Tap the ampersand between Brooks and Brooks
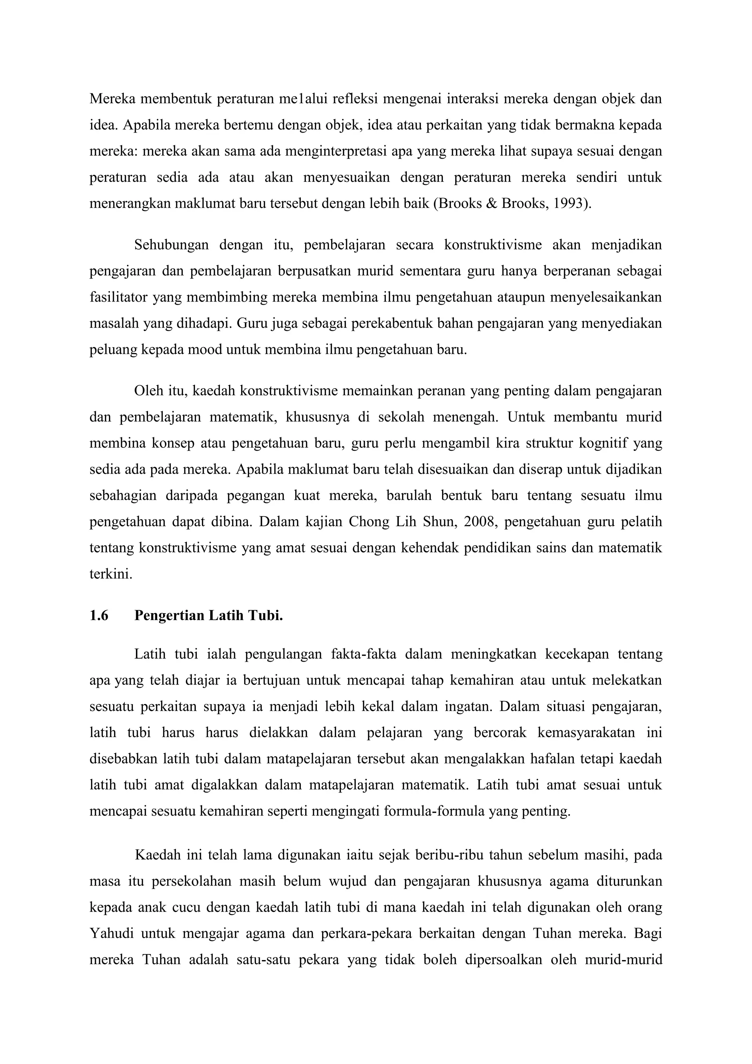coord(491,204)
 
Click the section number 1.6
coord(99,615)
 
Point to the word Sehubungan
coord(171,245)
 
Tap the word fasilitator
coord(119,297)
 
